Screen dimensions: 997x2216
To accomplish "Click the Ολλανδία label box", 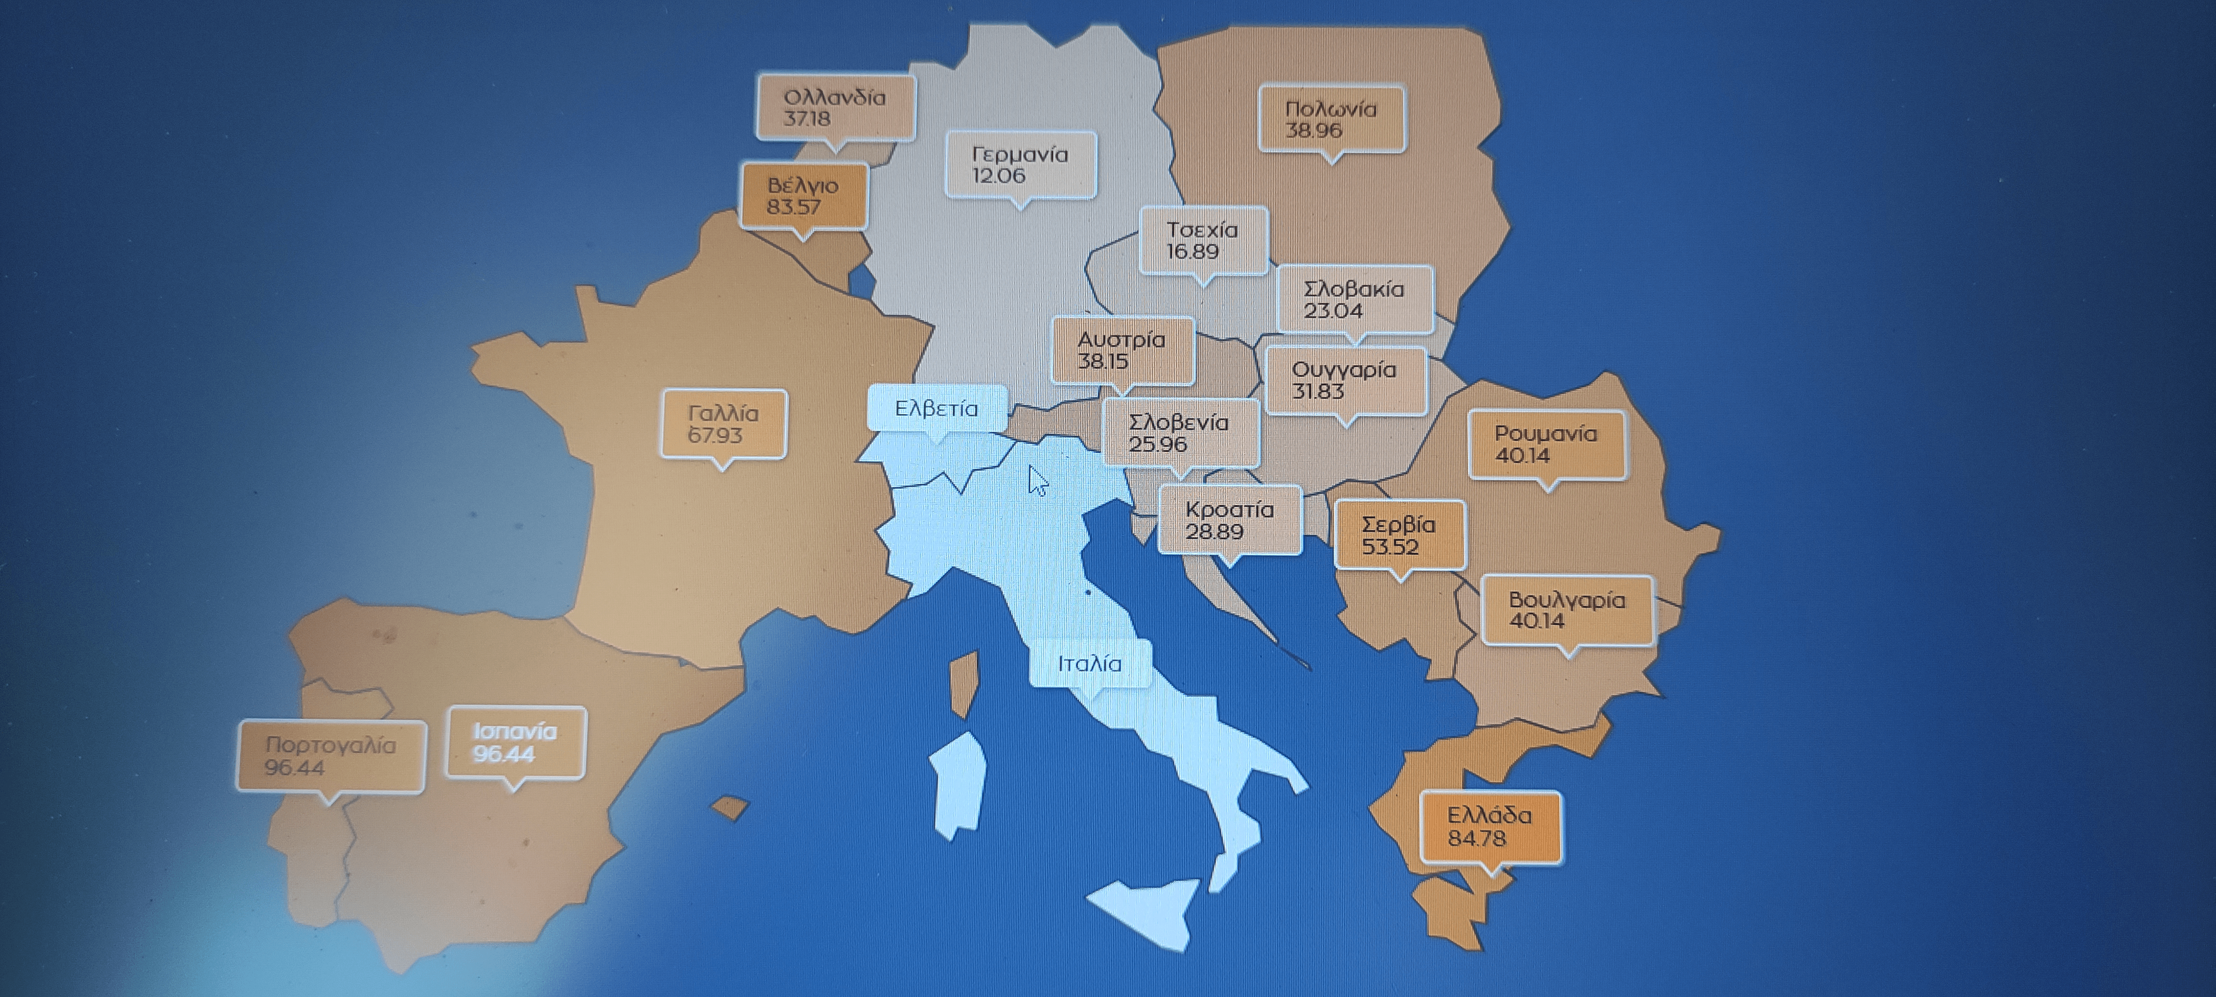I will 835,107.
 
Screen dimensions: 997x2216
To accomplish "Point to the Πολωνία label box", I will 1331,119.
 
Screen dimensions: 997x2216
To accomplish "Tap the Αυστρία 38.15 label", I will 1122,350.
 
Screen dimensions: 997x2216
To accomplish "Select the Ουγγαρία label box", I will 1345,380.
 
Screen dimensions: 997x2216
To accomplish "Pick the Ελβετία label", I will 936,408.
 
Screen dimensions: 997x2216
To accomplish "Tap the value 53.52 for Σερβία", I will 1390,547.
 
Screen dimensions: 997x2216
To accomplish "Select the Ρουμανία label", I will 1546,444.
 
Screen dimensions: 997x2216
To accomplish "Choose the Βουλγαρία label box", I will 1567,610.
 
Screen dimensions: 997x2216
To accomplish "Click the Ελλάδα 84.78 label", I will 1489,827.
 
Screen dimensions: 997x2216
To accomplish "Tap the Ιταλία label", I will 1089,664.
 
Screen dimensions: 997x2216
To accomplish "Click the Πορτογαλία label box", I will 330,756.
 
